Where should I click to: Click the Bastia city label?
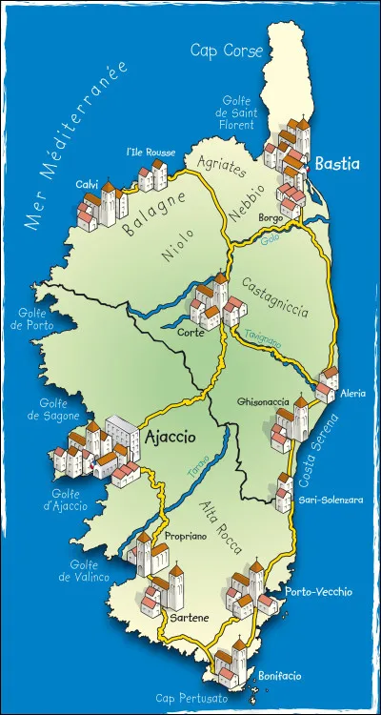tap(337, 164)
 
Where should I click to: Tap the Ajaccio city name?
tap(171, 437)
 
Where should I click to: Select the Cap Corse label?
tap(227, 51)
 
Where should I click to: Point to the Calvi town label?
tap(88, 184)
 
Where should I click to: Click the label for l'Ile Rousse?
tap(146, 152)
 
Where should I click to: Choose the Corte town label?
tap(188, 334)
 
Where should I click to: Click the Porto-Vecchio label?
tap(312, 592)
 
